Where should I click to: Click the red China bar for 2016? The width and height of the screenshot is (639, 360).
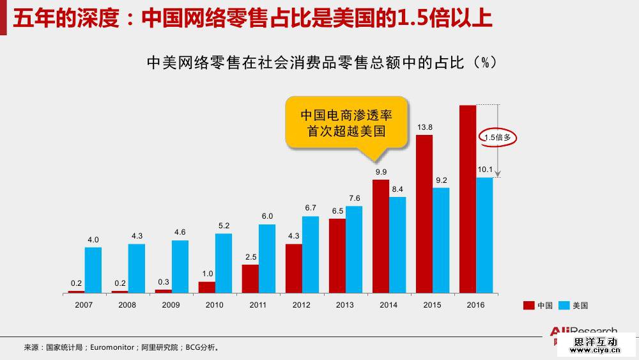tap(468, 198)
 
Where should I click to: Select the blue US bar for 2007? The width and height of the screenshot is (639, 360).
tap(93, 269)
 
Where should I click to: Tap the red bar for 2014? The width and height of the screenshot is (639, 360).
tap(381, 235)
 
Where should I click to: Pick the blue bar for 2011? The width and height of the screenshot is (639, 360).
tap(267, 258)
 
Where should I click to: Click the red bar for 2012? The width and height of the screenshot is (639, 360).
tap(294, 267)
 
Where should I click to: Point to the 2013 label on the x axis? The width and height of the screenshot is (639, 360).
tap(345, 305)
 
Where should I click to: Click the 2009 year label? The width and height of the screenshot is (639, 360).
tap(171, 305)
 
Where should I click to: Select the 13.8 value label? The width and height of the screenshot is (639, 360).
tap(425, 127)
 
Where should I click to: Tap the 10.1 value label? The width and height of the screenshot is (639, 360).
tap(485, 169)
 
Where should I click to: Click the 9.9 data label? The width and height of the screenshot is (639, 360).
tap(381, 172)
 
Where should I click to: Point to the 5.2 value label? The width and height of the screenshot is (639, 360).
tap(224, 226)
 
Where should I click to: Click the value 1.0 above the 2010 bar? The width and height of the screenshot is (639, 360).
tap(207, 274)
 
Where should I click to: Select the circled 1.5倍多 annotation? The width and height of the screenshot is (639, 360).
tap(498, 137)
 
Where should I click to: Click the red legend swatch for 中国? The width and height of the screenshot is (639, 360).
tap(528, 306)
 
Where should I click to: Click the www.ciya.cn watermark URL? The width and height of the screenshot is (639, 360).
tap(596, 350)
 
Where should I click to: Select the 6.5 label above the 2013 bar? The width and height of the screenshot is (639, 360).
tap(337, 211)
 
